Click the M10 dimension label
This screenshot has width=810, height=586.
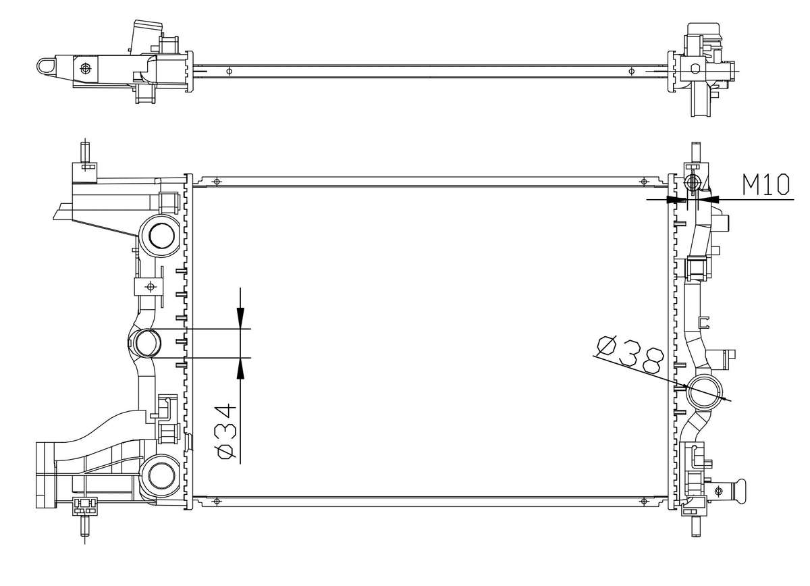point(766,184)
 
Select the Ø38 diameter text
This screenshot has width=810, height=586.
point(630,354)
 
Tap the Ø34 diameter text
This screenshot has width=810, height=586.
point(226,431)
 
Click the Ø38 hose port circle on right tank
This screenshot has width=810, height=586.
point(703,392)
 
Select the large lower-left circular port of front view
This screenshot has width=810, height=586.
point(159,476)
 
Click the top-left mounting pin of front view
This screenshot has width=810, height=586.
point(85,153)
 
